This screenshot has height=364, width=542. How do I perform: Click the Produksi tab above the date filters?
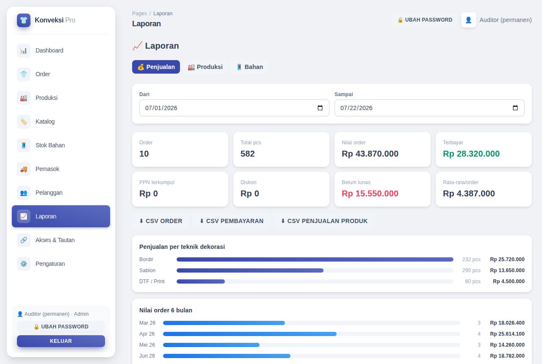205,67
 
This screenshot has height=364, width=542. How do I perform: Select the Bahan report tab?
249,67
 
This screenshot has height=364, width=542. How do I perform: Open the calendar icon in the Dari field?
320,108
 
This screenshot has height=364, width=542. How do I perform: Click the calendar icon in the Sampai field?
515,108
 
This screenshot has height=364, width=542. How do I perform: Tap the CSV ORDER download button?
160,221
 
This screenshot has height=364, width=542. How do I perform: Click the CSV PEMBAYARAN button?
231,221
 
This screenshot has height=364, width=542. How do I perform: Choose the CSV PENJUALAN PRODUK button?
324,221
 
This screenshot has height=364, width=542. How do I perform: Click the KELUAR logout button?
61,341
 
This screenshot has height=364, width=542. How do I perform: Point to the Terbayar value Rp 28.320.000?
471,154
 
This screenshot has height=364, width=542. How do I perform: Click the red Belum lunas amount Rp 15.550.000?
370,193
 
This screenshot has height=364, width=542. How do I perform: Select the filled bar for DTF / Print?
201,281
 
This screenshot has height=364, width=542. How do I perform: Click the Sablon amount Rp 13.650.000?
507,270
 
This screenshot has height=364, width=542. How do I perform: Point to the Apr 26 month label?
147,334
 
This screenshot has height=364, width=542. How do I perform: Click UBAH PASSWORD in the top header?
425,20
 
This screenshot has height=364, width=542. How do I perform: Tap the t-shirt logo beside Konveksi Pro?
24,20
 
